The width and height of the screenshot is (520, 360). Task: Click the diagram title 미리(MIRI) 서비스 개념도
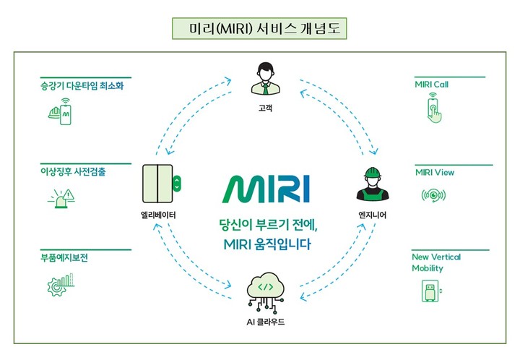click(260, 28)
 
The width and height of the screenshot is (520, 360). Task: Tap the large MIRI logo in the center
click(264, 189)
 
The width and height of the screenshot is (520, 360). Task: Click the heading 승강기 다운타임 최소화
click(79, 85)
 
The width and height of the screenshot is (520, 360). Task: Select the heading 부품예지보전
click(65, 257)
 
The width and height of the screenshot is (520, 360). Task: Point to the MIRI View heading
click(435, 172)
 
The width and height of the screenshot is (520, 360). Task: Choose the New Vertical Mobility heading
click(436, 262)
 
